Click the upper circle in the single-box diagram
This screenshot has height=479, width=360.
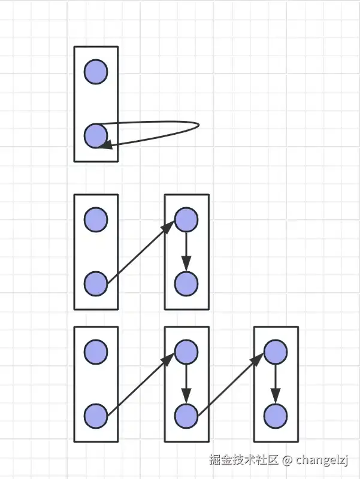96,72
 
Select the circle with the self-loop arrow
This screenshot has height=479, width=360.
96,136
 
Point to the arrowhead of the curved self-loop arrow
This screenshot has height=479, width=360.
105,144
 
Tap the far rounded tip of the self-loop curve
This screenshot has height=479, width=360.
198,126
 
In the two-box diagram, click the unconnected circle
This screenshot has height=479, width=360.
96,220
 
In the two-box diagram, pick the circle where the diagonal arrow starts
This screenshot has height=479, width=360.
96,283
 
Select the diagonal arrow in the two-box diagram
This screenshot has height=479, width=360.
141,251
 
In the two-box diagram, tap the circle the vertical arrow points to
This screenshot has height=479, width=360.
186,283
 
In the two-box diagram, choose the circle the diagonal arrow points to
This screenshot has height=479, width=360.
186,220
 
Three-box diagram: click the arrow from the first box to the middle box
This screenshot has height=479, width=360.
141,383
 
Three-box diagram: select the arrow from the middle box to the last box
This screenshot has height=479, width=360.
231,383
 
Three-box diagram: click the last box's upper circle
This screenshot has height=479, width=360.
276,351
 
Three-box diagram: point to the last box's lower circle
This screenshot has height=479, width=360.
276,416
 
